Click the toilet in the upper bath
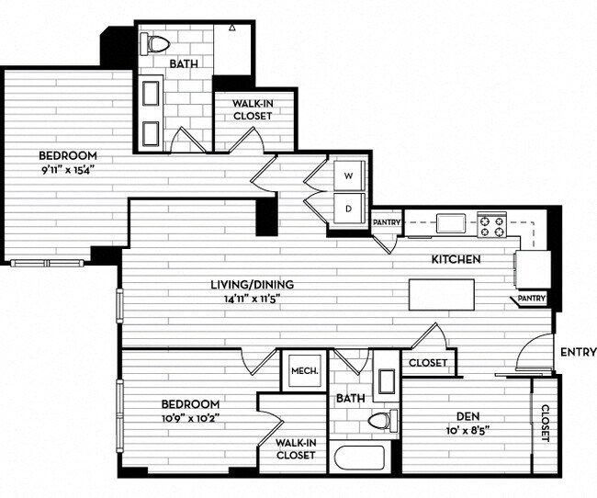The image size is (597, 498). click(159, 43)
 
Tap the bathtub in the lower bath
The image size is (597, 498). click(359, 459)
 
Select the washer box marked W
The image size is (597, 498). click(349, 175)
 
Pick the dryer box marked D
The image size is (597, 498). click(349, 207)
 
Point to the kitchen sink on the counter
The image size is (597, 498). click(450, 222)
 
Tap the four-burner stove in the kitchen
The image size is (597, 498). click(491, 222)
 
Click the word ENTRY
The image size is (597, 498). click(578, 352)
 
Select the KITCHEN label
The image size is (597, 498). click(456, 260)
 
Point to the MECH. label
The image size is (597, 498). click(305, 371)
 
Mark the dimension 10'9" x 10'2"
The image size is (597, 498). click(190, 418)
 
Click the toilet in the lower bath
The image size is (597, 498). click(379, 421)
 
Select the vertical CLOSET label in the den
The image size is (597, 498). click(545, 424)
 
